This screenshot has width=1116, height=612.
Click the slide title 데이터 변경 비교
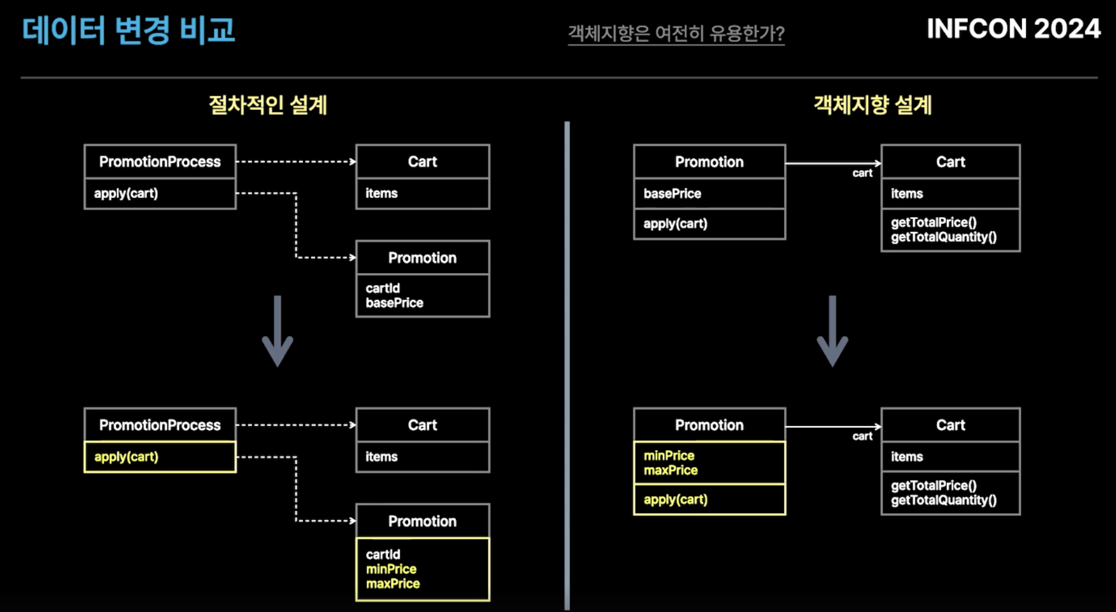(128, 30)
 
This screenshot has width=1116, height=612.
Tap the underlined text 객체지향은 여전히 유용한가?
(676, 33)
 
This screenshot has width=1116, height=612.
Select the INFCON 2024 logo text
(1013, 29)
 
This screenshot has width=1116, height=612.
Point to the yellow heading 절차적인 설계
(268, 105)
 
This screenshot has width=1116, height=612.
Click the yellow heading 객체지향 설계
(872, 105)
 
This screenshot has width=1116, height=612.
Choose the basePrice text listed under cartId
(394, 303)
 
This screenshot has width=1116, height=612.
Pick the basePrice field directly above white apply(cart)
(672, 194)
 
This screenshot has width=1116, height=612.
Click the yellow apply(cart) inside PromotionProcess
(126, 457)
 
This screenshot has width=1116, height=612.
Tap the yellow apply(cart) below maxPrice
(676, 500)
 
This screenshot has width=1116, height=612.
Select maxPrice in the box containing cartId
(393, 584)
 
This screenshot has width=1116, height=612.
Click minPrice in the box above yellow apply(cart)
(669, 456)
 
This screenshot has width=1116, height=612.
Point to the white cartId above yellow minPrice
(383, 554)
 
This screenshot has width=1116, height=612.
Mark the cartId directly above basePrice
(383, 289)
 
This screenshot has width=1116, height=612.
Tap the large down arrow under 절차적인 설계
(277, 331)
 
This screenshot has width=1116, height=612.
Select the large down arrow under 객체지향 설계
(832, 331)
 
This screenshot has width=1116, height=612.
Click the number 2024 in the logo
(1067, 29)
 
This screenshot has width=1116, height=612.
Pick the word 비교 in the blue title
(208, 30)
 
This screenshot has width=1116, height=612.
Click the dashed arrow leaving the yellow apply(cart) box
(296, 488)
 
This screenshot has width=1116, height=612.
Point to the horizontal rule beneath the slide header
(559, 77)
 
